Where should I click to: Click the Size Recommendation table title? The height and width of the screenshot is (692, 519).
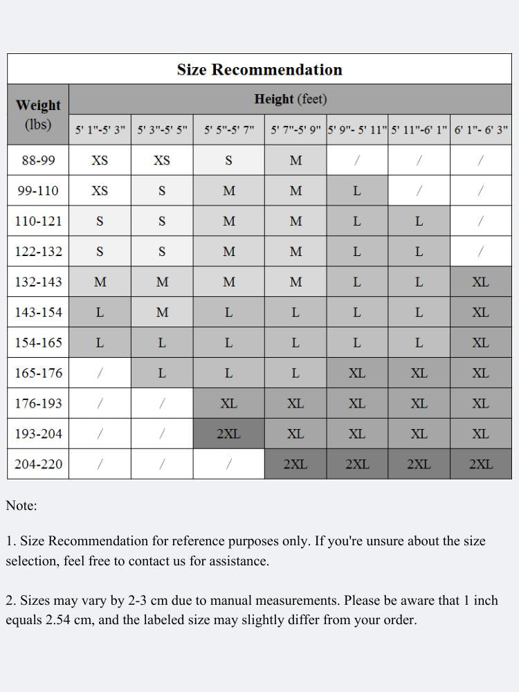(x=259, y=70)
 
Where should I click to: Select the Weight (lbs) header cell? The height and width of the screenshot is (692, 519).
(x=38, y=115)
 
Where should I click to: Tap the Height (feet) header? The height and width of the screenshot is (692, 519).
(x=291, y=99)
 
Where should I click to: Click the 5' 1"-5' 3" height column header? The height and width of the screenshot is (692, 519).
(x=100, y=129)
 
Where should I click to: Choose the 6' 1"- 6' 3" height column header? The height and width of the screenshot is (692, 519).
(x=481, y=129)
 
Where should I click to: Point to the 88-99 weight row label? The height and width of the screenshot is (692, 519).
(x=38, y=161)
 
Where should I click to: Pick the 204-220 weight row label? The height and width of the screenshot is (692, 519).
(x=38, y=464)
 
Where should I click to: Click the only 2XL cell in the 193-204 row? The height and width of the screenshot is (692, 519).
(x=228, y=434)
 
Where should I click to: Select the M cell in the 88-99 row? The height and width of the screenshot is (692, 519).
(x=295, y=161)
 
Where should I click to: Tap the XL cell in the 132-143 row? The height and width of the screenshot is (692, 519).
(x=481, y=282)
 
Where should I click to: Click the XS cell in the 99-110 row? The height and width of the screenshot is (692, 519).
(x=100, y=191)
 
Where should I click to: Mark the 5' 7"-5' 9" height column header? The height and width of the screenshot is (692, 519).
(x=295, y=129)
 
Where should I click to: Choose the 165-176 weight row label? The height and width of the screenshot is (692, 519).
(x=38, y=373)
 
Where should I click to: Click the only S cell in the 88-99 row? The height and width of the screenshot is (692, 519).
(x=228, y=161)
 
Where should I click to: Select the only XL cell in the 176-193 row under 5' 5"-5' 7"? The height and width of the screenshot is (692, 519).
(x=228, y=403)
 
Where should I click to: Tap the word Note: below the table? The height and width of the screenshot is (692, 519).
(x=21, y=506)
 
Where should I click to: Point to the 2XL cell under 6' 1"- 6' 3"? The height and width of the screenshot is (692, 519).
(x=481, y=464)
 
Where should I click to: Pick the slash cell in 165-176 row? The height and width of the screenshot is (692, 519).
(x=100, y=373)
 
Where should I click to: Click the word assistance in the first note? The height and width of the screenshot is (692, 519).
(x=239, y=561)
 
